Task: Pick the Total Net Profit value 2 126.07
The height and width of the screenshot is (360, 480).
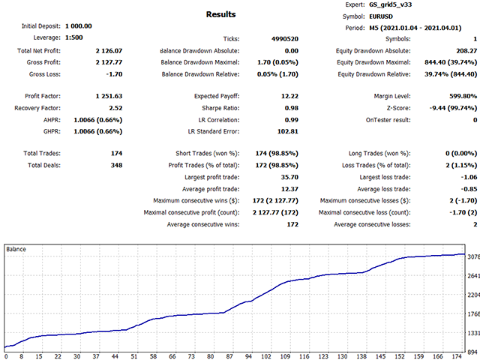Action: (108, 50)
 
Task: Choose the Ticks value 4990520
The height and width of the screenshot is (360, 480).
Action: (223, 38)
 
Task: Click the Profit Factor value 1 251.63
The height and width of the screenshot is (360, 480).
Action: (108, 96)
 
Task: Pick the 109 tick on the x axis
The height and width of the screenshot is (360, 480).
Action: (285, 357)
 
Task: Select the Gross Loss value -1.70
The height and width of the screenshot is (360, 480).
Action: (112, 74)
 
